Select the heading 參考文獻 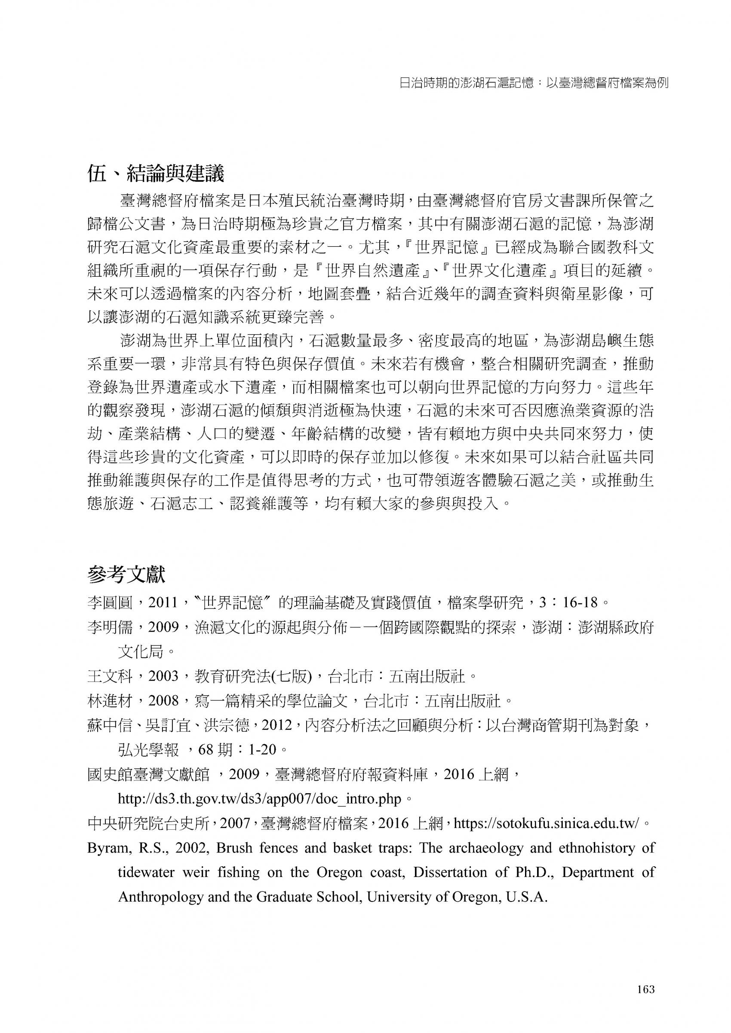coord(126,575)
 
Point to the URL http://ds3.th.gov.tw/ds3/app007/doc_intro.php coord(259,798)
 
